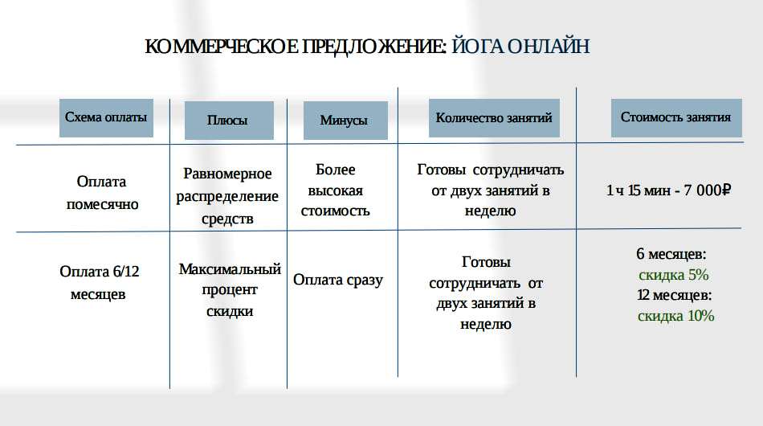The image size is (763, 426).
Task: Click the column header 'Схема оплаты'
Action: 106,118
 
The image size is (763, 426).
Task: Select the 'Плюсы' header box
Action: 229,121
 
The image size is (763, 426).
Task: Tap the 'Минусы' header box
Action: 345,121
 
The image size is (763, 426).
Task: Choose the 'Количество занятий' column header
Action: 494,118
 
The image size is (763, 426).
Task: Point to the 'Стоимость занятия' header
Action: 676,118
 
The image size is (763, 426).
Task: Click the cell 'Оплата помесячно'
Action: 102,193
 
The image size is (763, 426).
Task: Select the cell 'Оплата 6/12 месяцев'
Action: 100,282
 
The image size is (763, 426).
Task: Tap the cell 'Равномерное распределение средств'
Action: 227,195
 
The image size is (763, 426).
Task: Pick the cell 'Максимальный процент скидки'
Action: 230,289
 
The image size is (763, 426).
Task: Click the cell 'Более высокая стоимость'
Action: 335,190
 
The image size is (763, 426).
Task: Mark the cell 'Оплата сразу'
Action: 337,280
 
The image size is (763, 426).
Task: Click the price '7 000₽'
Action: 707,190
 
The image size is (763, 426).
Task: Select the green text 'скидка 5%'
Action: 674,275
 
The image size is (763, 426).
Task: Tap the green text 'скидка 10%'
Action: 676,316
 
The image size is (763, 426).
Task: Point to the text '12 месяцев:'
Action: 675,295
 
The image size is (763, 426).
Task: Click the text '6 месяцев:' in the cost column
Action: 671,254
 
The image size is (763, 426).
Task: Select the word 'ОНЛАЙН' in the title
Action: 549,47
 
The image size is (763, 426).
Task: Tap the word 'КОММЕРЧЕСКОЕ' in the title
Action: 222,47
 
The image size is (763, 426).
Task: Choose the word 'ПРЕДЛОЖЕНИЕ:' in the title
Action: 374,47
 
